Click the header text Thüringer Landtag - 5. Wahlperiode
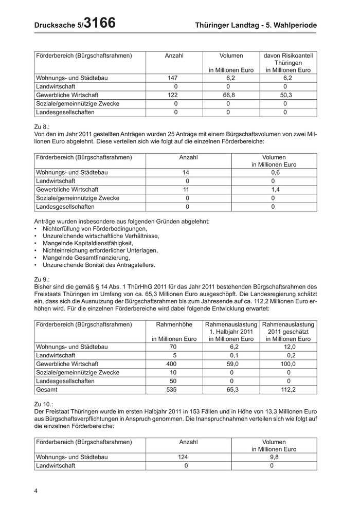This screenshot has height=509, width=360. (x=256, y=25)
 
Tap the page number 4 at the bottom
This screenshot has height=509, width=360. (x=36, y=490)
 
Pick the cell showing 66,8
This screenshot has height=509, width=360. (x=231, y=95)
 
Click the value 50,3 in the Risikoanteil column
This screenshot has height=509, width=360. (x=288, y=95)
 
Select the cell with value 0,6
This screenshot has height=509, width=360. (x=274, y=173)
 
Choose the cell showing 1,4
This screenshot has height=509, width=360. (x=274, y=190)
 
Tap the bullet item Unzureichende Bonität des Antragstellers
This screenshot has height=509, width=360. (x=99, y=265)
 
